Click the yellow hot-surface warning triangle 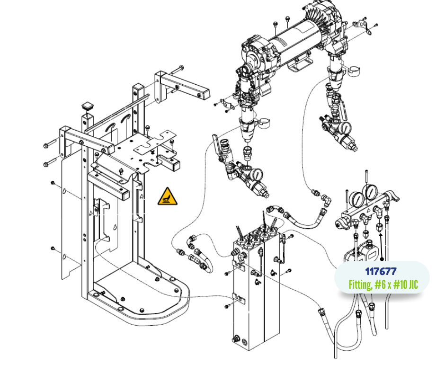pos(168,197)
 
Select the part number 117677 pos(381,272)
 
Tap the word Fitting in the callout pos(360,284)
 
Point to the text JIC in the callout pos(413,284)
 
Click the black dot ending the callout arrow pos(382,259)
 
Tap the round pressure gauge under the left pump pos(257,175)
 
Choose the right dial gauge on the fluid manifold pos(370,193)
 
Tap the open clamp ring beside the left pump pos(263,122)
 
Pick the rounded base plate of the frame pos(142,293)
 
